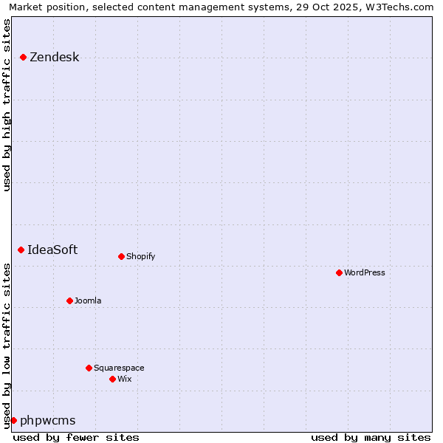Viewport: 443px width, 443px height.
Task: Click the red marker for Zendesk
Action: [24, 58]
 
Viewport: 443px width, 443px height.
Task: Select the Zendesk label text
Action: [54, 58]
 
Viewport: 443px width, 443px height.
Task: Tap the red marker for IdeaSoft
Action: [21, 250]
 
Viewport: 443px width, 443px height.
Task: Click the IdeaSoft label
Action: [52, 250]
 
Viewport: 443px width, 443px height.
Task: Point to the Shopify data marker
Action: [122, 257]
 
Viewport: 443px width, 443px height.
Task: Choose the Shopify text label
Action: [140, 257]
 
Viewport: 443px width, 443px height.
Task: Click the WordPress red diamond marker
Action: [340, 273]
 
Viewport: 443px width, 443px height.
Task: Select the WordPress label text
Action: [365, 273]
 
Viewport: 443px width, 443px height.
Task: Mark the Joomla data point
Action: [70, 301]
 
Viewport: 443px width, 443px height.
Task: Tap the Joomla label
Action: [88, 301]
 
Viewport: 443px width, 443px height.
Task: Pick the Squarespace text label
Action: [119, 368]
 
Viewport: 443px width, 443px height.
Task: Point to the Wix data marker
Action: [113, 380]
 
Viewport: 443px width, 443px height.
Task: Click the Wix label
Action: [125, 380]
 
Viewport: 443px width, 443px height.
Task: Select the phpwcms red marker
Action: [13, 421]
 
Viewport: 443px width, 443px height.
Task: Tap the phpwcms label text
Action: [47, 421]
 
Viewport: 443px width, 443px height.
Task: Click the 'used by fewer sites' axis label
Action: [76, 437]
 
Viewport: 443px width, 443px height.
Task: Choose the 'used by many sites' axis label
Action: [371, 437]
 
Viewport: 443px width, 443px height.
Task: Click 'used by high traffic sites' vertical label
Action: [7, 104]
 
